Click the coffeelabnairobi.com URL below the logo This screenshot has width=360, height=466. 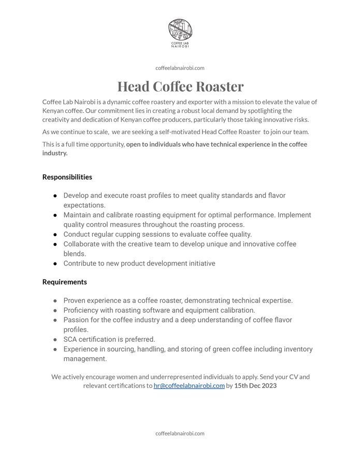[x=180, y=68]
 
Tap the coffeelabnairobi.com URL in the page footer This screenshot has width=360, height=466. [x=180, y=433]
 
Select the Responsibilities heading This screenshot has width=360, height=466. [x=67, y=177]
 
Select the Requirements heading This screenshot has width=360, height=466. [x=65, y=282]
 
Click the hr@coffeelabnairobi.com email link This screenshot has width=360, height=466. [x=189, y=386]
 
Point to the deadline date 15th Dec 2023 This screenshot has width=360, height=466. [x=255, y=386]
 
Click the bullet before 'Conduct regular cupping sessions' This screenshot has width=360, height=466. [x=55, y=235]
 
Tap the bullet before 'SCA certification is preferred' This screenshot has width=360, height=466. [x=55, y=340]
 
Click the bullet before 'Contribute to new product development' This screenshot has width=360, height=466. [x=55, y=264]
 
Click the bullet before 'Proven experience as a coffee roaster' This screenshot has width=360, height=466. [x=55, y=301]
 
